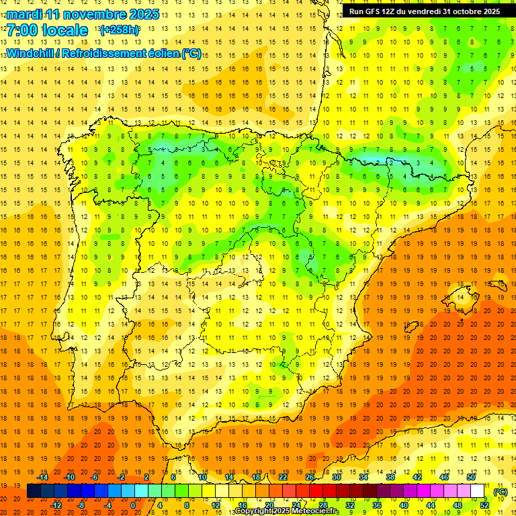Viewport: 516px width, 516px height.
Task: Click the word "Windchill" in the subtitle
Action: click(30, 54)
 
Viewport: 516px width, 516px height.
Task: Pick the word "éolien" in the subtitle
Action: click(160, 54)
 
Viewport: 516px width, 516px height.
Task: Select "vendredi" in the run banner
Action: click(423, 11)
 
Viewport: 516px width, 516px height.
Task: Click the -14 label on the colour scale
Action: click(42, 477)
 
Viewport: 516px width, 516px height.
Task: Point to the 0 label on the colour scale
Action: click(133, 505)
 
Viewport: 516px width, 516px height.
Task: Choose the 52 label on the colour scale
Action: click(484, 505)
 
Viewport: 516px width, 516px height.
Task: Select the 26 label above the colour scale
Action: click(310, 477)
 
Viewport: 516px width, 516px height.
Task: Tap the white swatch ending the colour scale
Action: click(478, 491)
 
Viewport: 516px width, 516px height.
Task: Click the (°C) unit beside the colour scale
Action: click(500, 491)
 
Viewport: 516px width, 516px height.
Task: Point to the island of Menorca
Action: click(499, 283)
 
